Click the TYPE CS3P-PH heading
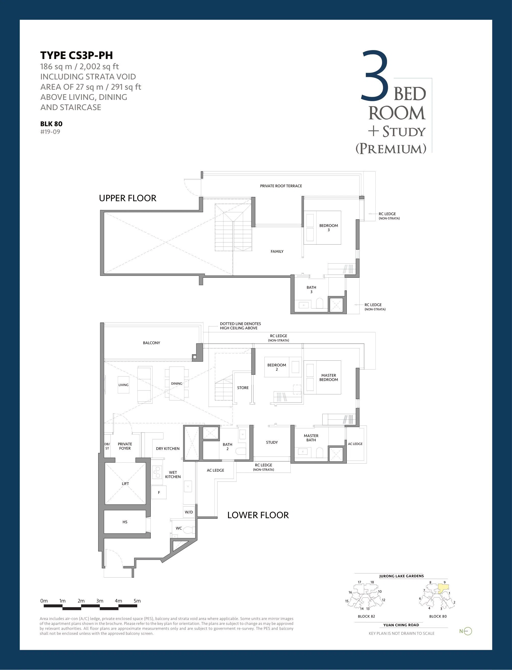(76, 55)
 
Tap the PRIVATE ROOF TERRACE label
(281, 186)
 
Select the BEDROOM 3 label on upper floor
(328, 228)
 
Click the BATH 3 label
(311, 289)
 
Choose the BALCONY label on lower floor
(151, 343)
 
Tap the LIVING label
(123, 385)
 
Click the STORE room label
(243, 388)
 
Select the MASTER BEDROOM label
(328, 378)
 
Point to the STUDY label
(272, 442)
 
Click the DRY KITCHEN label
(168, 449)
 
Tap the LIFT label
(125, 484)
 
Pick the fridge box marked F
(159, 492)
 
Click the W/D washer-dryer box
(189, 512)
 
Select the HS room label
(125, 522)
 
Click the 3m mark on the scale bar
(100, 601)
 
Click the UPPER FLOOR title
(128, 198)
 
